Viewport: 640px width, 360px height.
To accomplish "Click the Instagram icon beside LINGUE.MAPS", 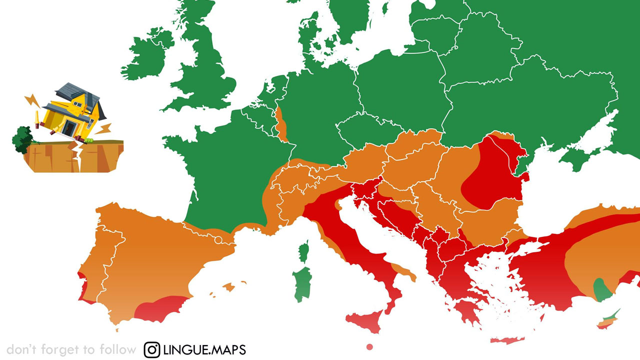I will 152,349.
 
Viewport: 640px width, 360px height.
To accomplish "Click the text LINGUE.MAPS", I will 204,349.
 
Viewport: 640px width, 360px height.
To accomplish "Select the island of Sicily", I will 365,320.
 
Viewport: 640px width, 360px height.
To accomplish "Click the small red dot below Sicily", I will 369,346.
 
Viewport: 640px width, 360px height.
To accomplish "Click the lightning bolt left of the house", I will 33,100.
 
